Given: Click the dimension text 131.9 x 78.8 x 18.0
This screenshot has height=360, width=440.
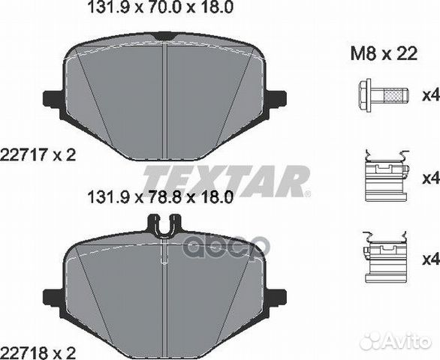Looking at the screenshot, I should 157,198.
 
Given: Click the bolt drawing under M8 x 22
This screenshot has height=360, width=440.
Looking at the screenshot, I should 381,94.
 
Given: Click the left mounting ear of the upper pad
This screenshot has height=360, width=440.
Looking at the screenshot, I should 52,98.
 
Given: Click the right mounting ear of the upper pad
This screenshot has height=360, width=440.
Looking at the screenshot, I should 276,98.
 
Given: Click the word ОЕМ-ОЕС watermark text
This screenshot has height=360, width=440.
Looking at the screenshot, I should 225,244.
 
